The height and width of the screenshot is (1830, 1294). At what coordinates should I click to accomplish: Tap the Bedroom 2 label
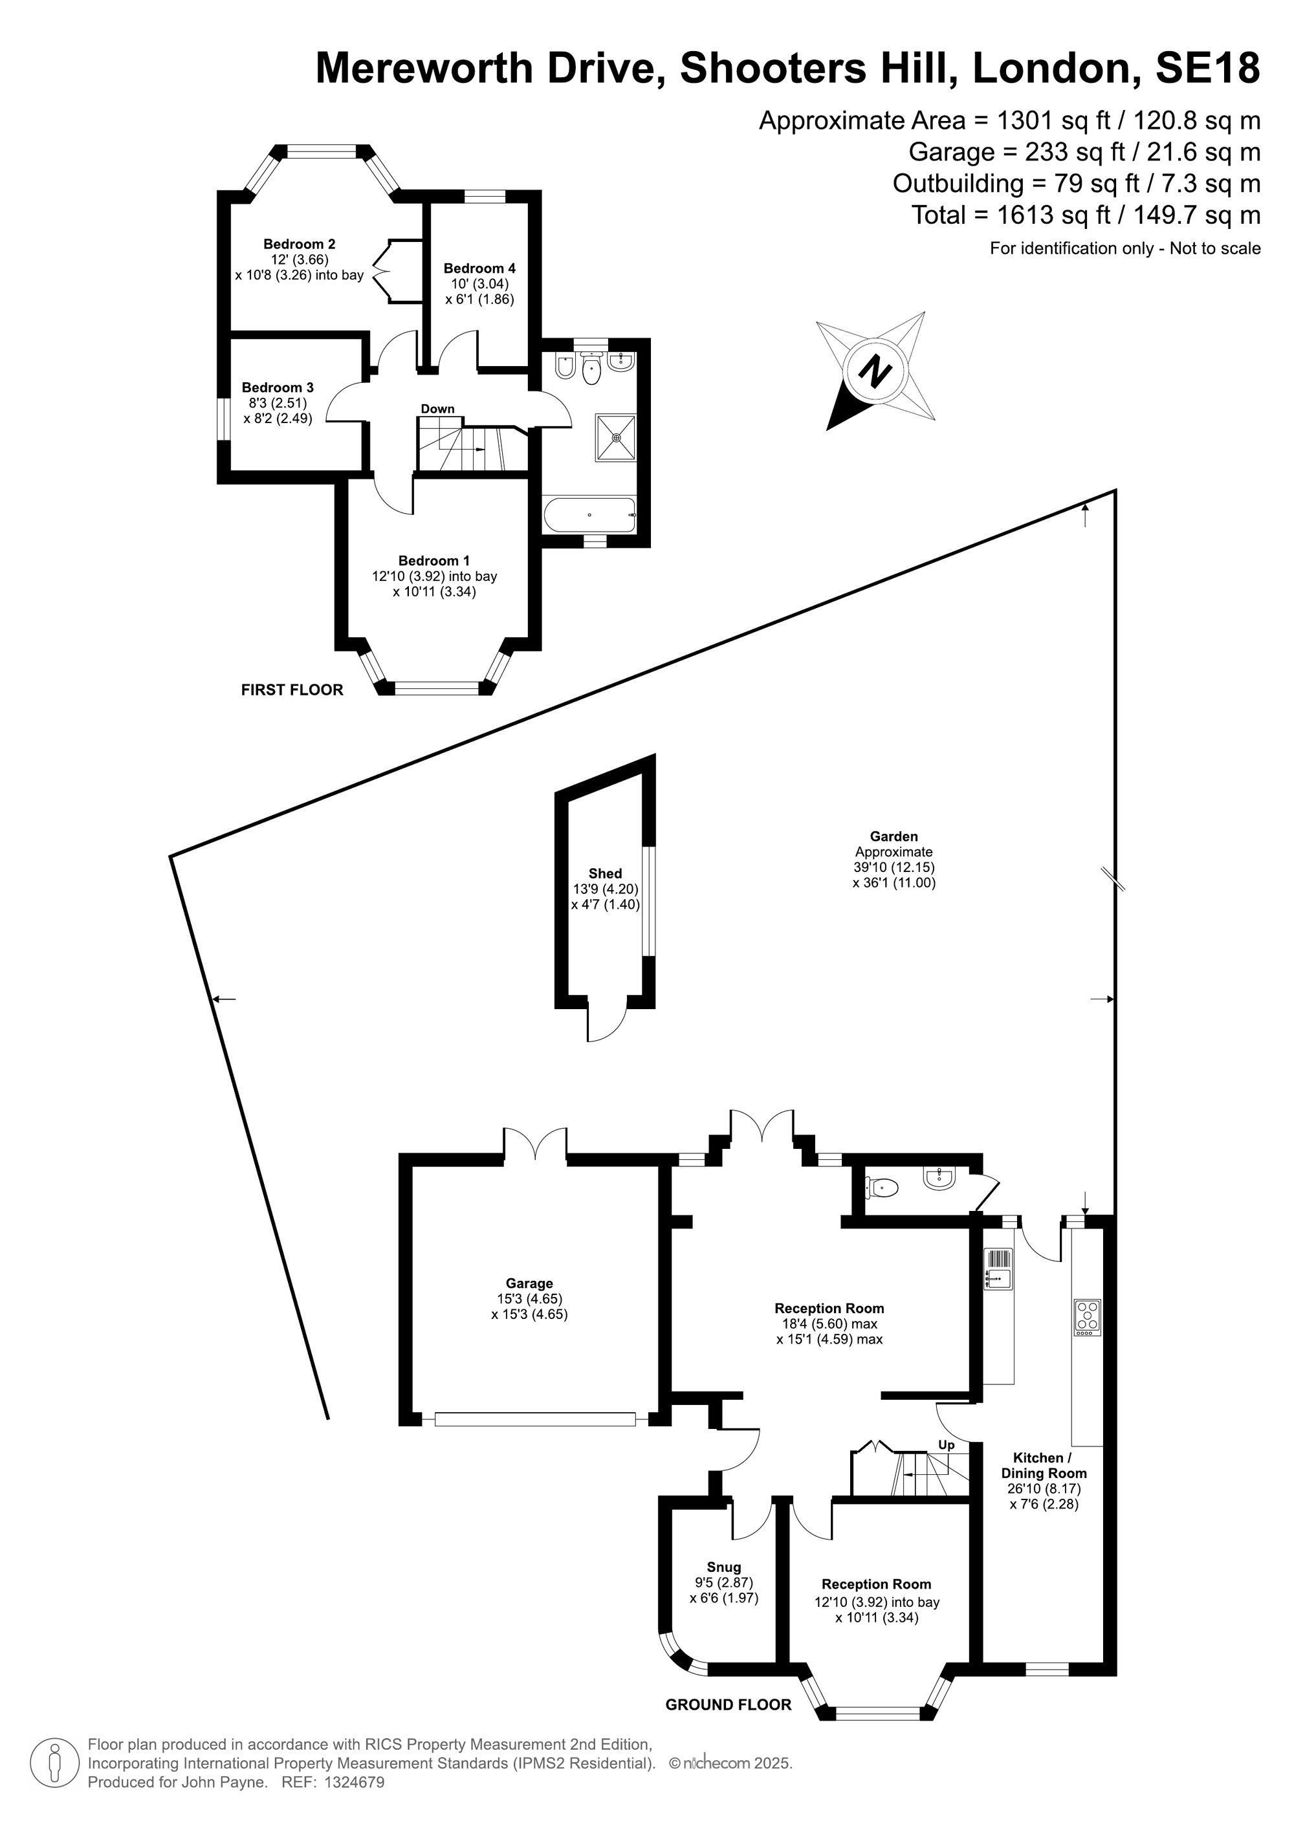[299, 244]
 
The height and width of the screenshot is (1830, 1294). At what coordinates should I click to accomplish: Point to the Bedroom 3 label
[278, 388]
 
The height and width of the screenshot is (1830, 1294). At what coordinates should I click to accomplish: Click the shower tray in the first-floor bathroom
[615, 437]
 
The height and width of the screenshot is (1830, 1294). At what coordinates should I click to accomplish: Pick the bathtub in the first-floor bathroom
[589, 515]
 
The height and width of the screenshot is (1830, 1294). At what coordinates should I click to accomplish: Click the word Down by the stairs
[438, 409]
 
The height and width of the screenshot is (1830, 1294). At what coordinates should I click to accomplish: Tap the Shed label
[605, 873]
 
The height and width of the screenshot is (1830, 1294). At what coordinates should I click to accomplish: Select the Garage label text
[529, 1283]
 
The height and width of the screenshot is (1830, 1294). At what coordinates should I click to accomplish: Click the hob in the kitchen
[1088, 1318]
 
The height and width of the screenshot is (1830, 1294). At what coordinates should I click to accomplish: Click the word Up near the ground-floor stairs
[947, 1445]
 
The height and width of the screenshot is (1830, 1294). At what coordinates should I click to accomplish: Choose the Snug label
[724, 1567]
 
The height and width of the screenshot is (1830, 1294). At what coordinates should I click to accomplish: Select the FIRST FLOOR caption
[292, 690]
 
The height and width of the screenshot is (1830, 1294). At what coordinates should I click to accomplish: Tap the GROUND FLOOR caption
[729, 1705]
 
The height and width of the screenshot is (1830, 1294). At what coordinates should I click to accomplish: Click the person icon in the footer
[55, 1764]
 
